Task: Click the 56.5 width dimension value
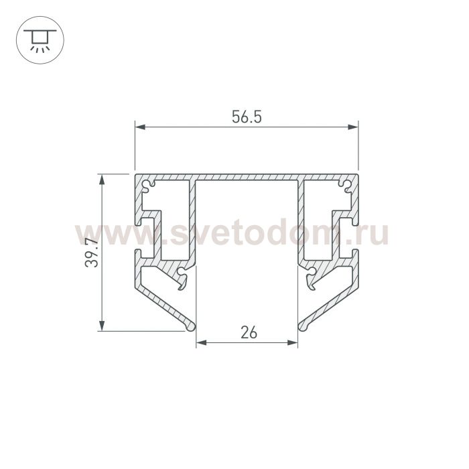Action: pyautogui.click(x=247, y=117)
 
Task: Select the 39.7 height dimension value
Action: pyautogui.click(x=92, y=253)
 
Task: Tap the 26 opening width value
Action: pyautogui.click(x=249, y=332)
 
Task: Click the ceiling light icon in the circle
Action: pyautogui.click(x=40, y=40)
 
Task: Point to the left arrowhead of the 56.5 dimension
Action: pyautogui.click(x=140, y=127)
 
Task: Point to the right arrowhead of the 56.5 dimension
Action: pyautogui.click(x=353, y=127)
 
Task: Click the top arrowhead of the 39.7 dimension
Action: pyautogui.click(x=102, y=180)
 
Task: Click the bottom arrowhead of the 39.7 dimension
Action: pyautogui.click(x=102, y=326)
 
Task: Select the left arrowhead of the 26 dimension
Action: pyautogui.click(x=201, y=342)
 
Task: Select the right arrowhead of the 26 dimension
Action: pyautogui.click(x=293, y=342)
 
